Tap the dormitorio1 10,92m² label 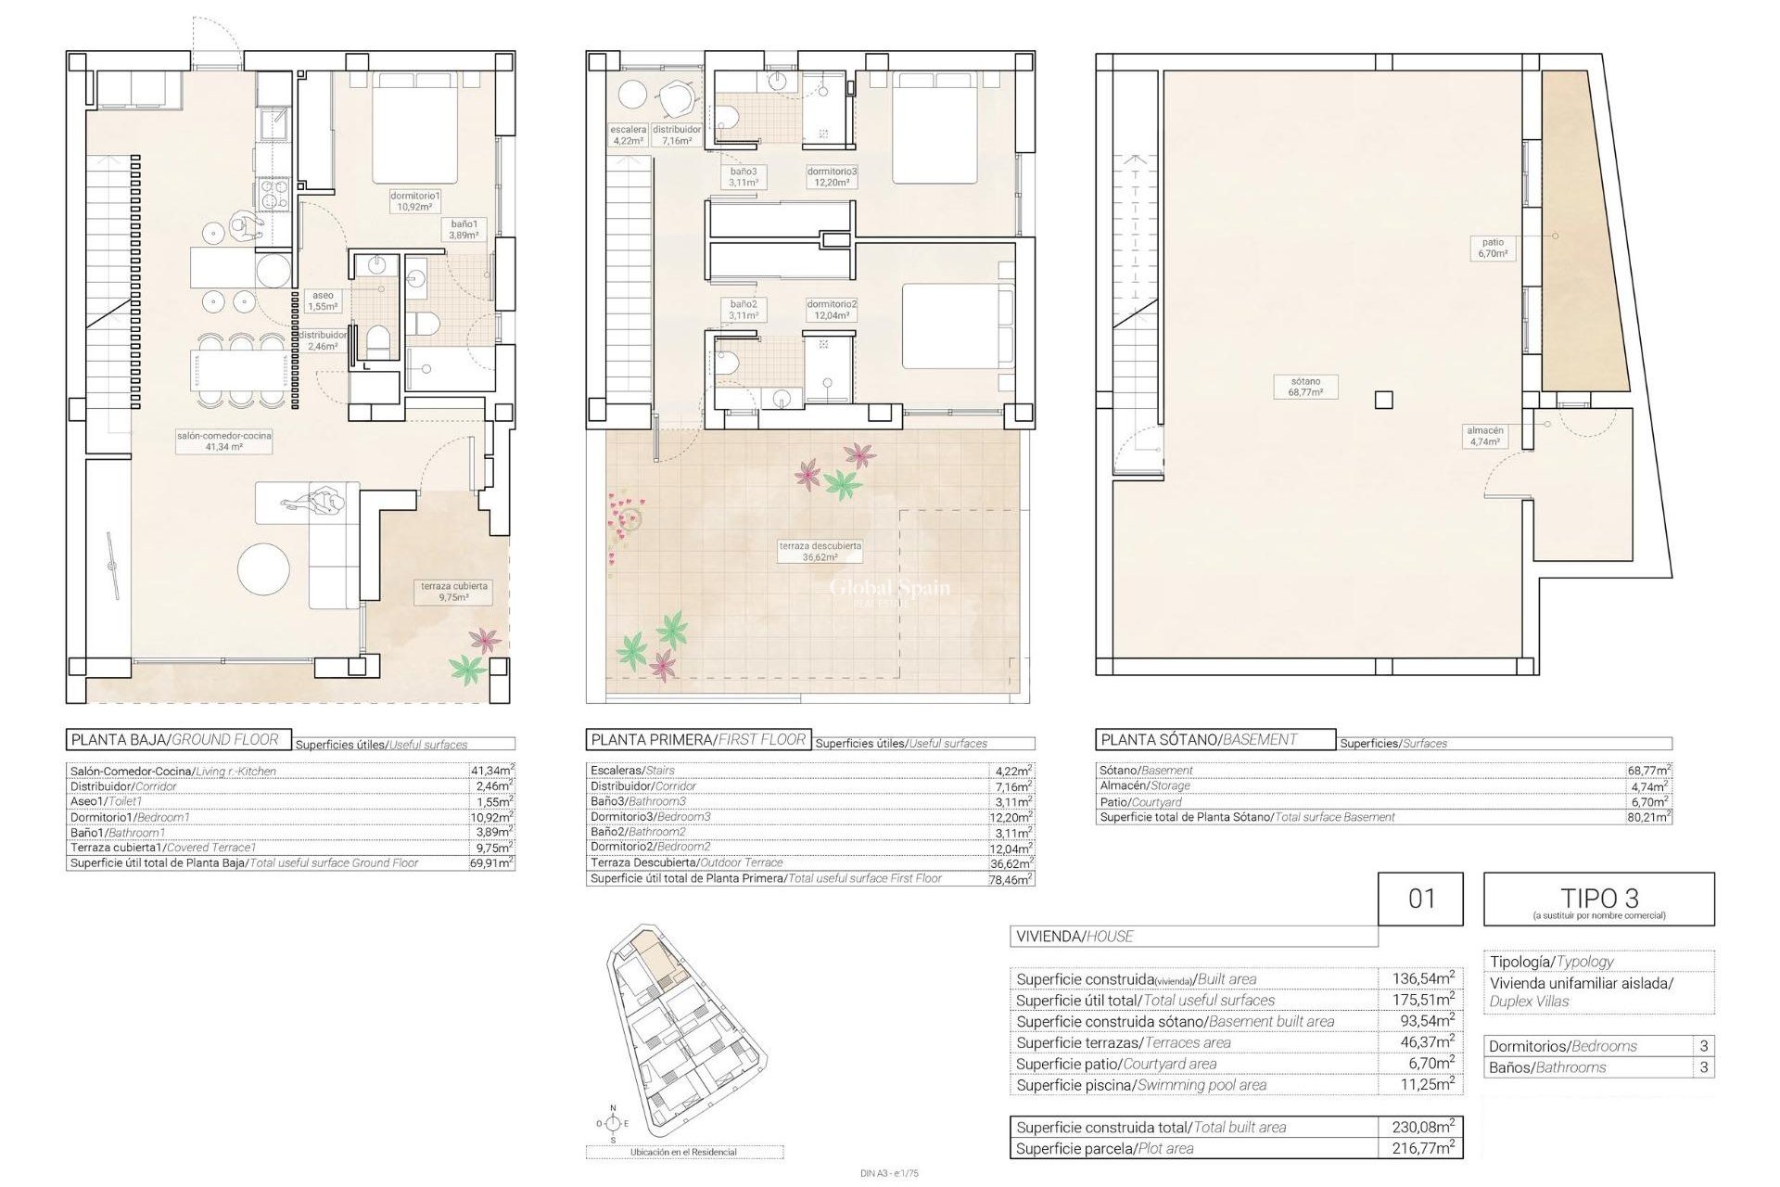coord(414,201)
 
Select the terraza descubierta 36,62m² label coord(820,552)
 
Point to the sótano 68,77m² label coord(1304,387)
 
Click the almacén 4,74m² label coord(1485,436)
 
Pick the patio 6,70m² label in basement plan coord(1493,248)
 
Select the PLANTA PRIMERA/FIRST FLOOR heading coord(698,739)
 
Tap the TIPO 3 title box coord(1598,899)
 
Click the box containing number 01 coord(1420,898)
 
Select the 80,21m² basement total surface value coord(1648,817)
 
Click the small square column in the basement coord(1383,400)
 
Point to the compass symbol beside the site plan coord(612,1123)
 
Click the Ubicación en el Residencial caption coord(684,1152)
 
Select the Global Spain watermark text coord(888,588)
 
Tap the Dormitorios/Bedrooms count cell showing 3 coord(1704,1046)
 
